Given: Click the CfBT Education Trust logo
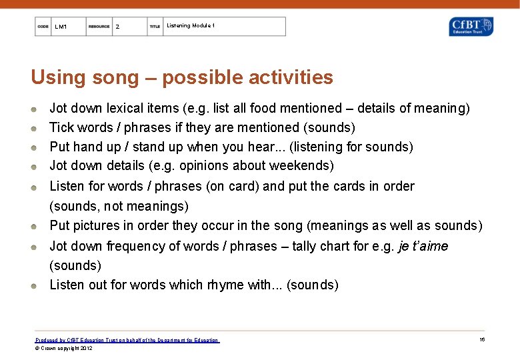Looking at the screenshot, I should tap(471, 27).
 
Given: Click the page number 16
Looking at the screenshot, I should tap(481, 340).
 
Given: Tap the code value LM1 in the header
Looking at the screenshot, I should tap(61, 27).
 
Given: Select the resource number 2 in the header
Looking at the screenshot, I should tap(117, 27).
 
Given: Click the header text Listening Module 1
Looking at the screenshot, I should tap(191, 25).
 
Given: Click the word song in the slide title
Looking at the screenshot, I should tap(115, 77).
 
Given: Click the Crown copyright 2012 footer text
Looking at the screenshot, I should tap(64, 348).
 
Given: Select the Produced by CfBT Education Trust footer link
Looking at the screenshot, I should tap(127, 340).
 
